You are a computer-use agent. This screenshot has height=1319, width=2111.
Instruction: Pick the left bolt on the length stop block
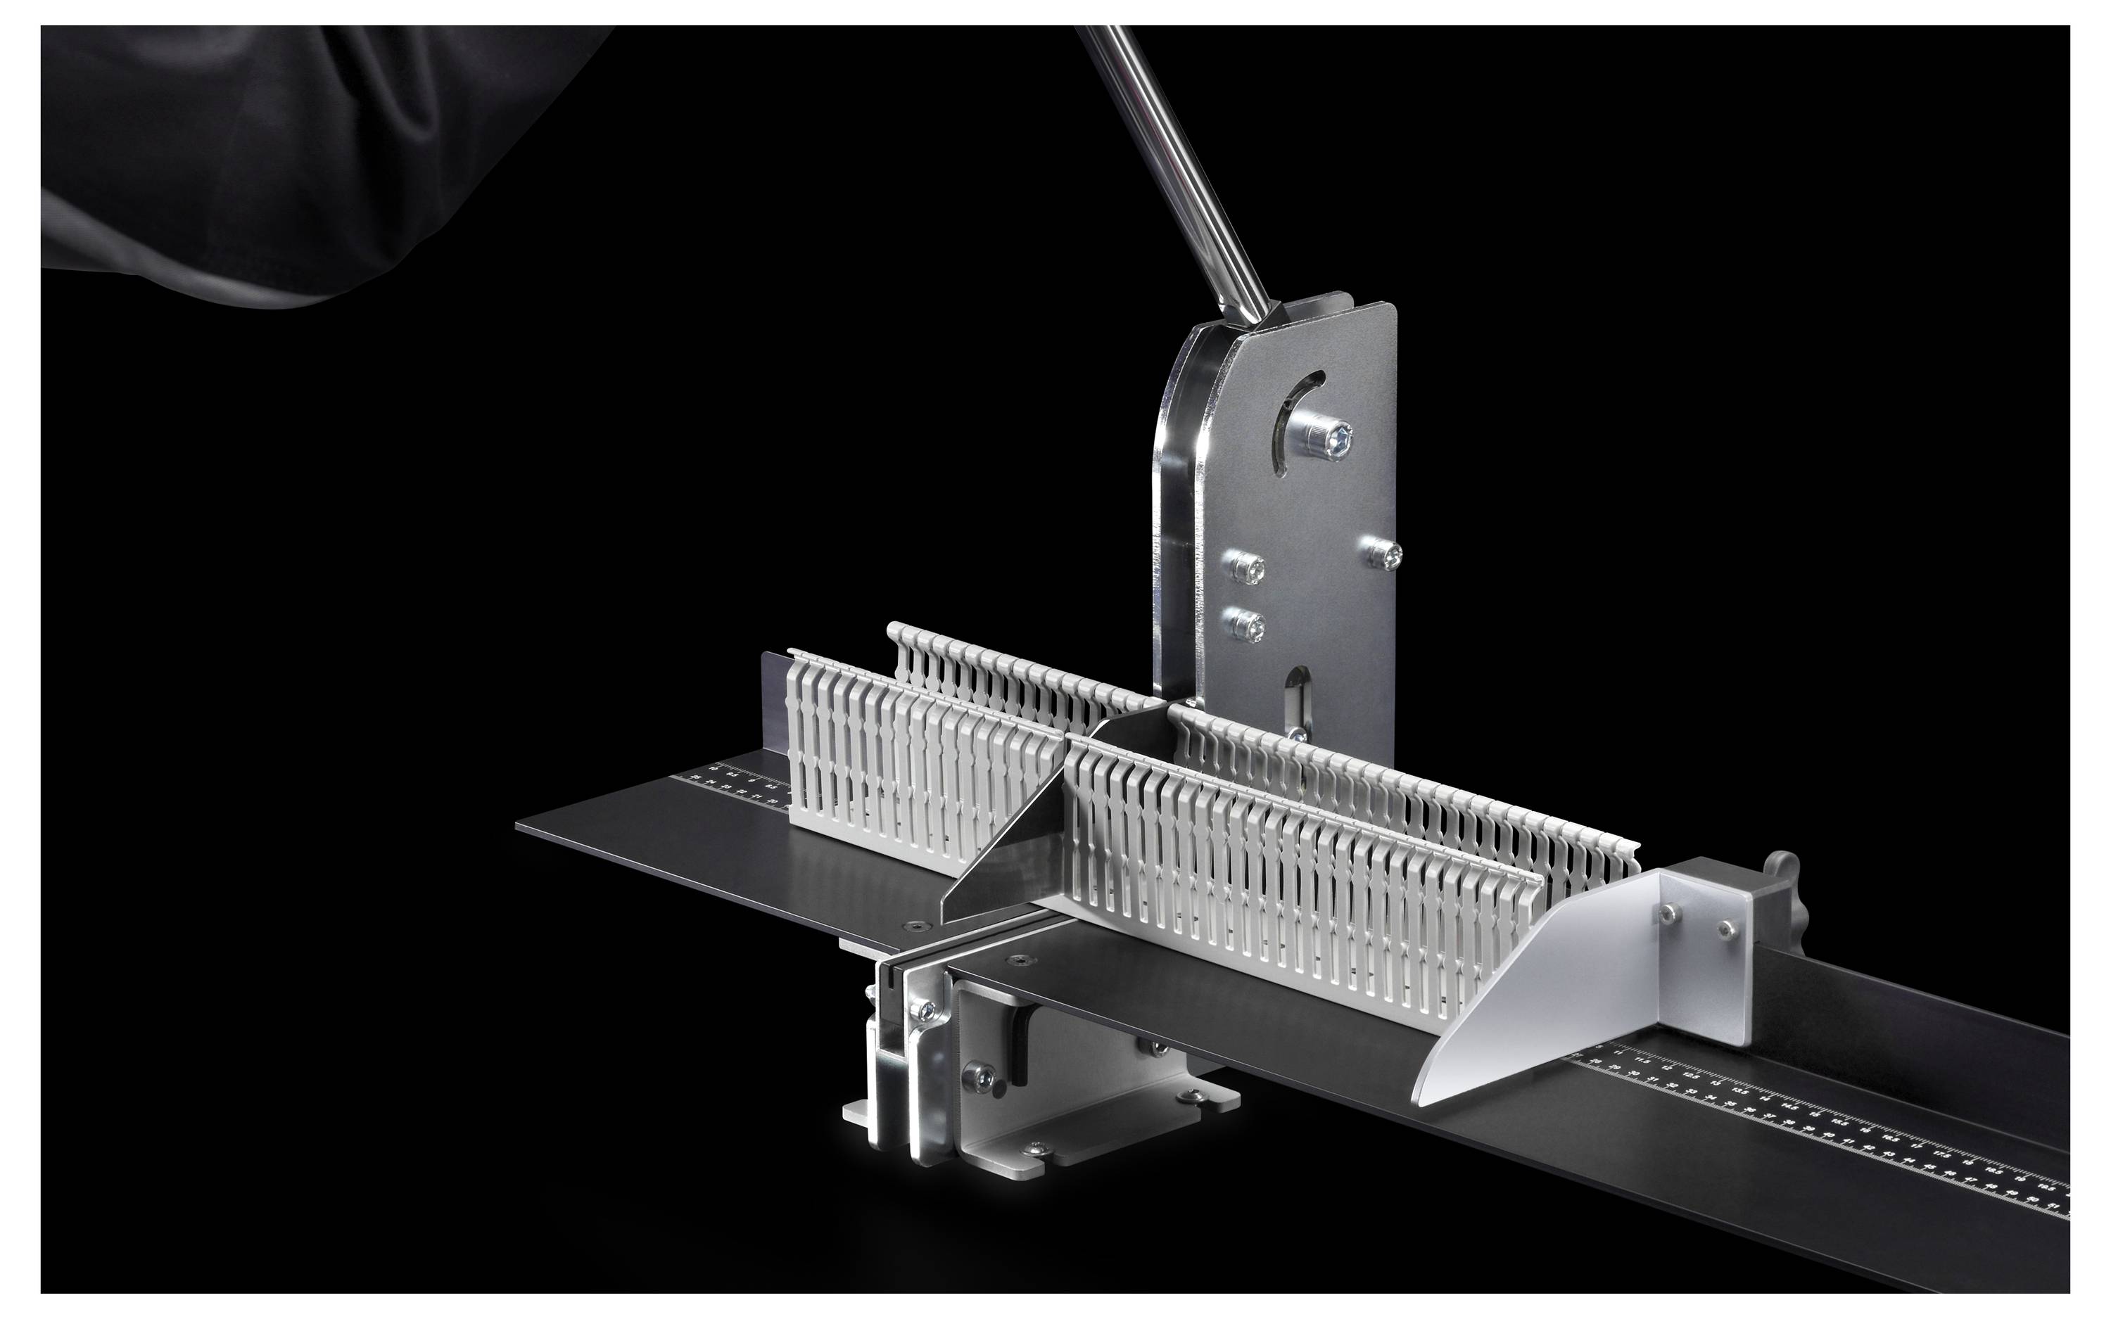pyautogui.click(x=1670, y=912)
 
